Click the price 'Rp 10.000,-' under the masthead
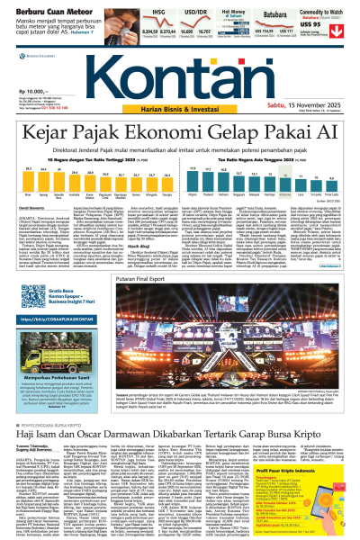click(27, 92)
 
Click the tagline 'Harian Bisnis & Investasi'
click(181, 108)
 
